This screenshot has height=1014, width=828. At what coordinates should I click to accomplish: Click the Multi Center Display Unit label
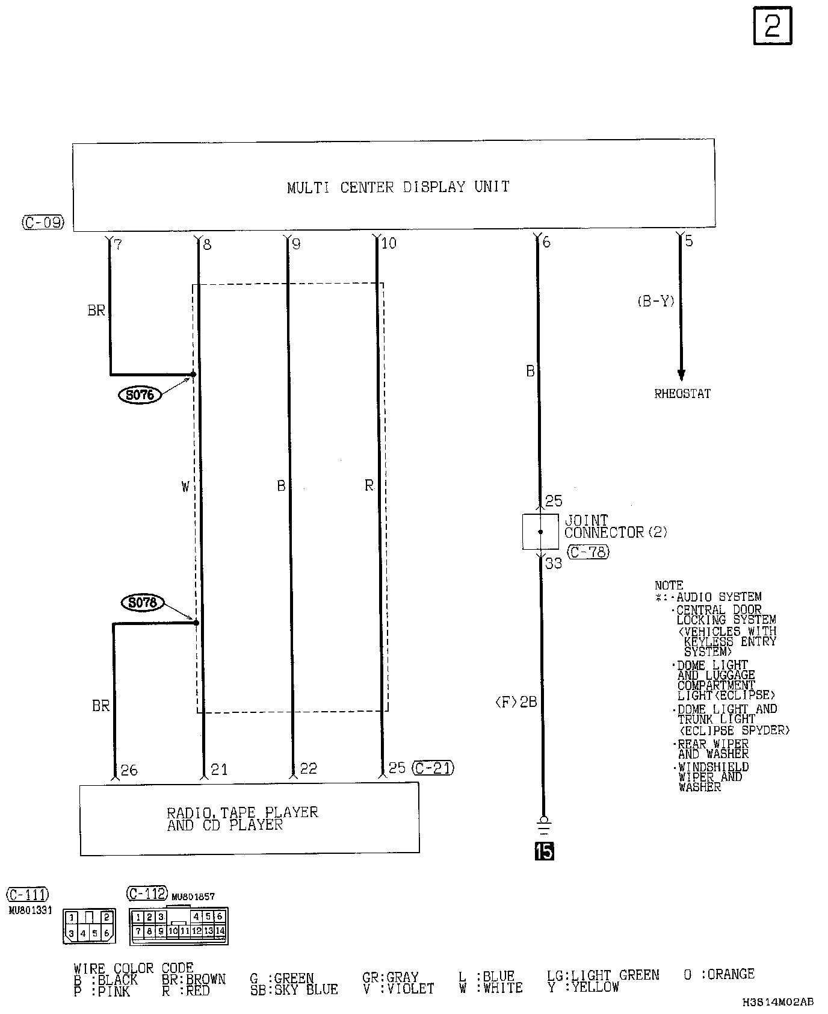398,187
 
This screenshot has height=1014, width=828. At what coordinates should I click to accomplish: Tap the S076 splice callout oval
140,396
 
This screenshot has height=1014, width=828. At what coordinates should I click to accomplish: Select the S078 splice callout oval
143,603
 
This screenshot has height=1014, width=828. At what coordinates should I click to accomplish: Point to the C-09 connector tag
43,223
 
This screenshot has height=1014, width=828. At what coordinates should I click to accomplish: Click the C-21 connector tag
433,768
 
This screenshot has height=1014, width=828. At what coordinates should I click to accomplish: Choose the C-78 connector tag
589,552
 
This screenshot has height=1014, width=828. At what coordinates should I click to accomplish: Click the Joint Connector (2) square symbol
540,532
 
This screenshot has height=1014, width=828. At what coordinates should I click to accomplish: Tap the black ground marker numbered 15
544,851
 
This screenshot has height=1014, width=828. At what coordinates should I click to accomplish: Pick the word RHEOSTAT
682,394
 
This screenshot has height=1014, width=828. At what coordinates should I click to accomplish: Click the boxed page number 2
773,26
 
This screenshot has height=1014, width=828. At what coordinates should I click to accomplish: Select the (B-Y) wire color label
656,302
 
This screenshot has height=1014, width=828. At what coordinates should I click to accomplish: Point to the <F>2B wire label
516,702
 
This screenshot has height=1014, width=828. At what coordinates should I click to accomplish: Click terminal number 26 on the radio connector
129,770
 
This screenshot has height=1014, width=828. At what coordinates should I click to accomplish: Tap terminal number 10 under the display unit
389,244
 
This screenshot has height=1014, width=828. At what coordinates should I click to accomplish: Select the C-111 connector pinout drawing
89,926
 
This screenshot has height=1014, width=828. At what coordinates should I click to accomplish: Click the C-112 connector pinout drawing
179,925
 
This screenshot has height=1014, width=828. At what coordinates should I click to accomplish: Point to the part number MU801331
30,910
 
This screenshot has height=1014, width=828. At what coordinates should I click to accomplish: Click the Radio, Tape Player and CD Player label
243,819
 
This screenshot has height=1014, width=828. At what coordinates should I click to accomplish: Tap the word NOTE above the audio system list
669,585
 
